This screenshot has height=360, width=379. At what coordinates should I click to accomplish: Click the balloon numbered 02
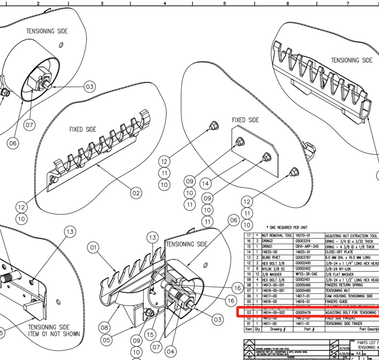136,193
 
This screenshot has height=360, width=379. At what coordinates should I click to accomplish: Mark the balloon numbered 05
106,340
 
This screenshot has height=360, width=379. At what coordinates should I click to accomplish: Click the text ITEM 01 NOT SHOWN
54,334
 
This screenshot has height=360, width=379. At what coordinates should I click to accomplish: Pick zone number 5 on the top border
224,3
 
